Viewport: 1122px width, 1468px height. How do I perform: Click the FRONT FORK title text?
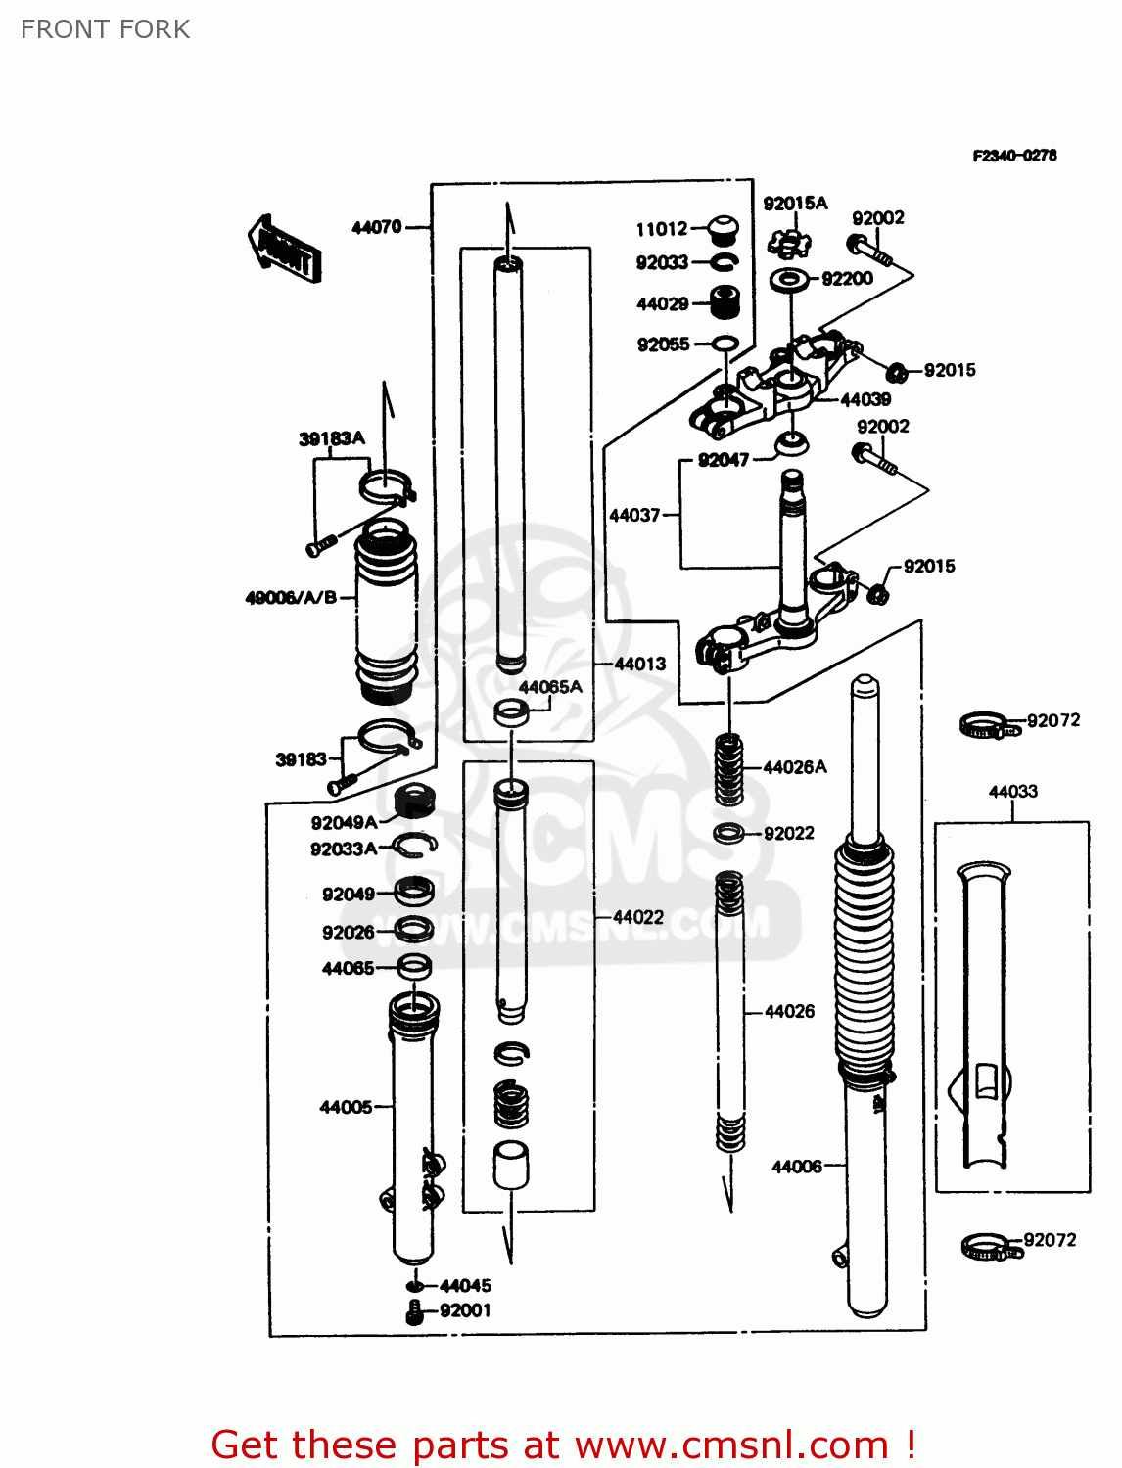105,29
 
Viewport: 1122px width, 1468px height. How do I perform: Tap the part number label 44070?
377,227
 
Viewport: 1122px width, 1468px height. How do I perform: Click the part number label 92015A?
795,204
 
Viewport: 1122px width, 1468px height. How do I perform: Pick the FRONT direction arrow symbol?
284,251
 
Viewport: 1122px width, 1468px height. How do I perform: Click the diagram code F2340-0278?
1014,156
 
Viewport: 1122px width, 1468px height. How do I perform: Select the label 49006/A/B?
291,597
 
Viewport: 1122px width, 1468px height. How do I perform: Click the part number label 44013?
640,664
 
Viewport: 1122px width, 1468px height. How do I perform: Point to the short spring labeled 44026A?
728,769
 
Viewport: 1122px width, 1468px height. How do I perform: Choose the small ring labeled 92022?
727,834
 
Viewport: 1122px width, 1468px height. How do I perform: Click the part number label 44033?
1012,792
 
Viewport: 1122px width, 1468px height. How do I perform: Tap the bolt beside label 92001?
415,1312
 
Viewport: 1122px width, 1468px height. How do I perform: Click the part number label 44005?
346,1107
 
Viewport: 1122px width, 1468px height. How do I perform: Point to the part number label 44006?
797,1167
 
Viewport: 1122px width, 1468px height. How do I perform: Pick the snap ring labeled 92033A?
414,847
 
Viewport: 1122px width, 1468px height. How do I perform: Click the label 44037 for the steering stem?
634,515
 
